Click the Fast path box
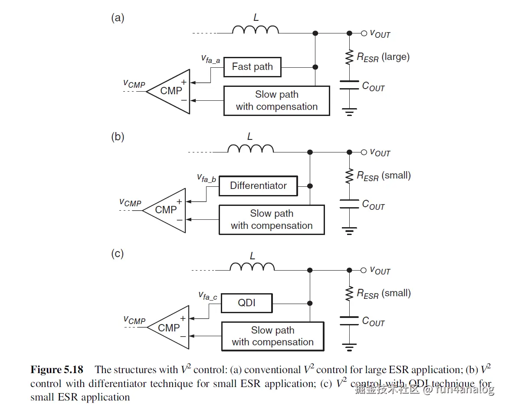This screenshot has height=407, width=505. pyautogui.click(x=252, y=67)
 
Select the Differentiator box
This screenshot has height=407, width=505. pyautogui.click(x=258, y=186)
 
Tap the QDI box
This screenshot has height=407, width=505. pyautogui.click(x=246, y=303)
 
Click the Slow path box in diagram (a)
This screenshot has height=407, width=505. pyautogui.click(x=276, y=101)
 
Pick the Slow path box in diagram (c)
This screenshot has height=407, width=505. pyautogui.click(x=272, y=336)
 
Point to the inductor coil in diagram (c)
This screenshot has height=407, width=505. pyautogui.click(x=252, y=267)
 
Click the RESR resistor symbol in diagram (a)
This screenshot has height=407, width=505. pyautogui.click(x=349, y=57)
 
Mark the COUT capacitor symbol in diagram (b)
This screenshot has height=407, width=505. pyautogui.click(x=349, y=204)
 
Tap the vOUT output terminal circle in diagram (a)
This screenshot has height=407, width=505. pyautogui.click(x=364, y=33)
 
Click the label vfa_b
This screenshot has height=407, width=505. pyautogui.click(x=207, y=178)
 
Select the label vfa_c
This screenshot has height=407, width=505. pyautogui.click(x=207, y=296)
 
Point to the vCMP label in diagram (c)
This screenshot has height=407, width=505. pyautogui.click(x=134, y=321)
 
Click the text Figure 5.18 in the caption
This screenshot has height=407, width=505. pyautogui.click(x=56, y=370)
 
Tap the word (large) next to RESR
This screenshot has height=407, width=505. pyautogui.click(x=395, y=57)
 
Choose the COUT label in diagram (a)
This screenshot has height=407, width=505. pyautogui.click(x=373, y=86)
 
